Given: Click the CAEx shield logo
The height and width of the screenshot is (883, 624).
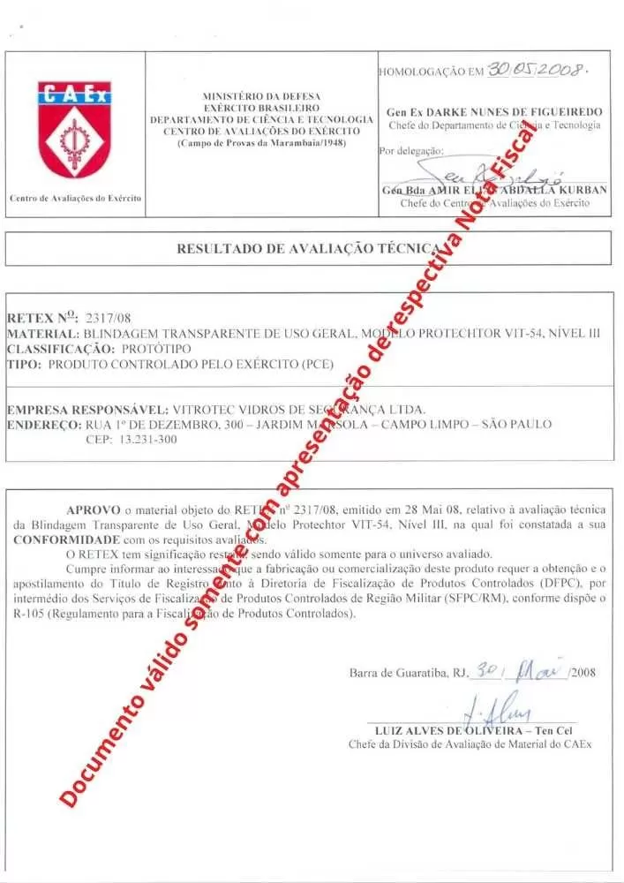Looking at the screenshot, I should [74, 128].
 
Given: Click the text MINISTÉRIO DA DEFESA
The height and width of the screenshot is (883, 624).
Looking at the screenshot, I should [262, 95].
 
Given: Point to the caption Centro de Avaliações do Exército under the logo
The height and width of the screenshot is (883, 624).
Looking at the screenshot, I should [75, 198].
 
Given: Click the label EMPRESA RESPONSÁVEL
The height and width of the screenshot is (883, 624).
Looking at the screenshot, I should [86, 410].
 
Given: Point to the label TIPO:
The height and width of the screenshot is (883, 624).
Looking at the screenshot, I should [24, 363].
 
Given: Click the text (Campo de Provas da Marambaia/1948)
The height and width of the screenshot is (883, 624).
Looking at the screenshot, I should [262, 141].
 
